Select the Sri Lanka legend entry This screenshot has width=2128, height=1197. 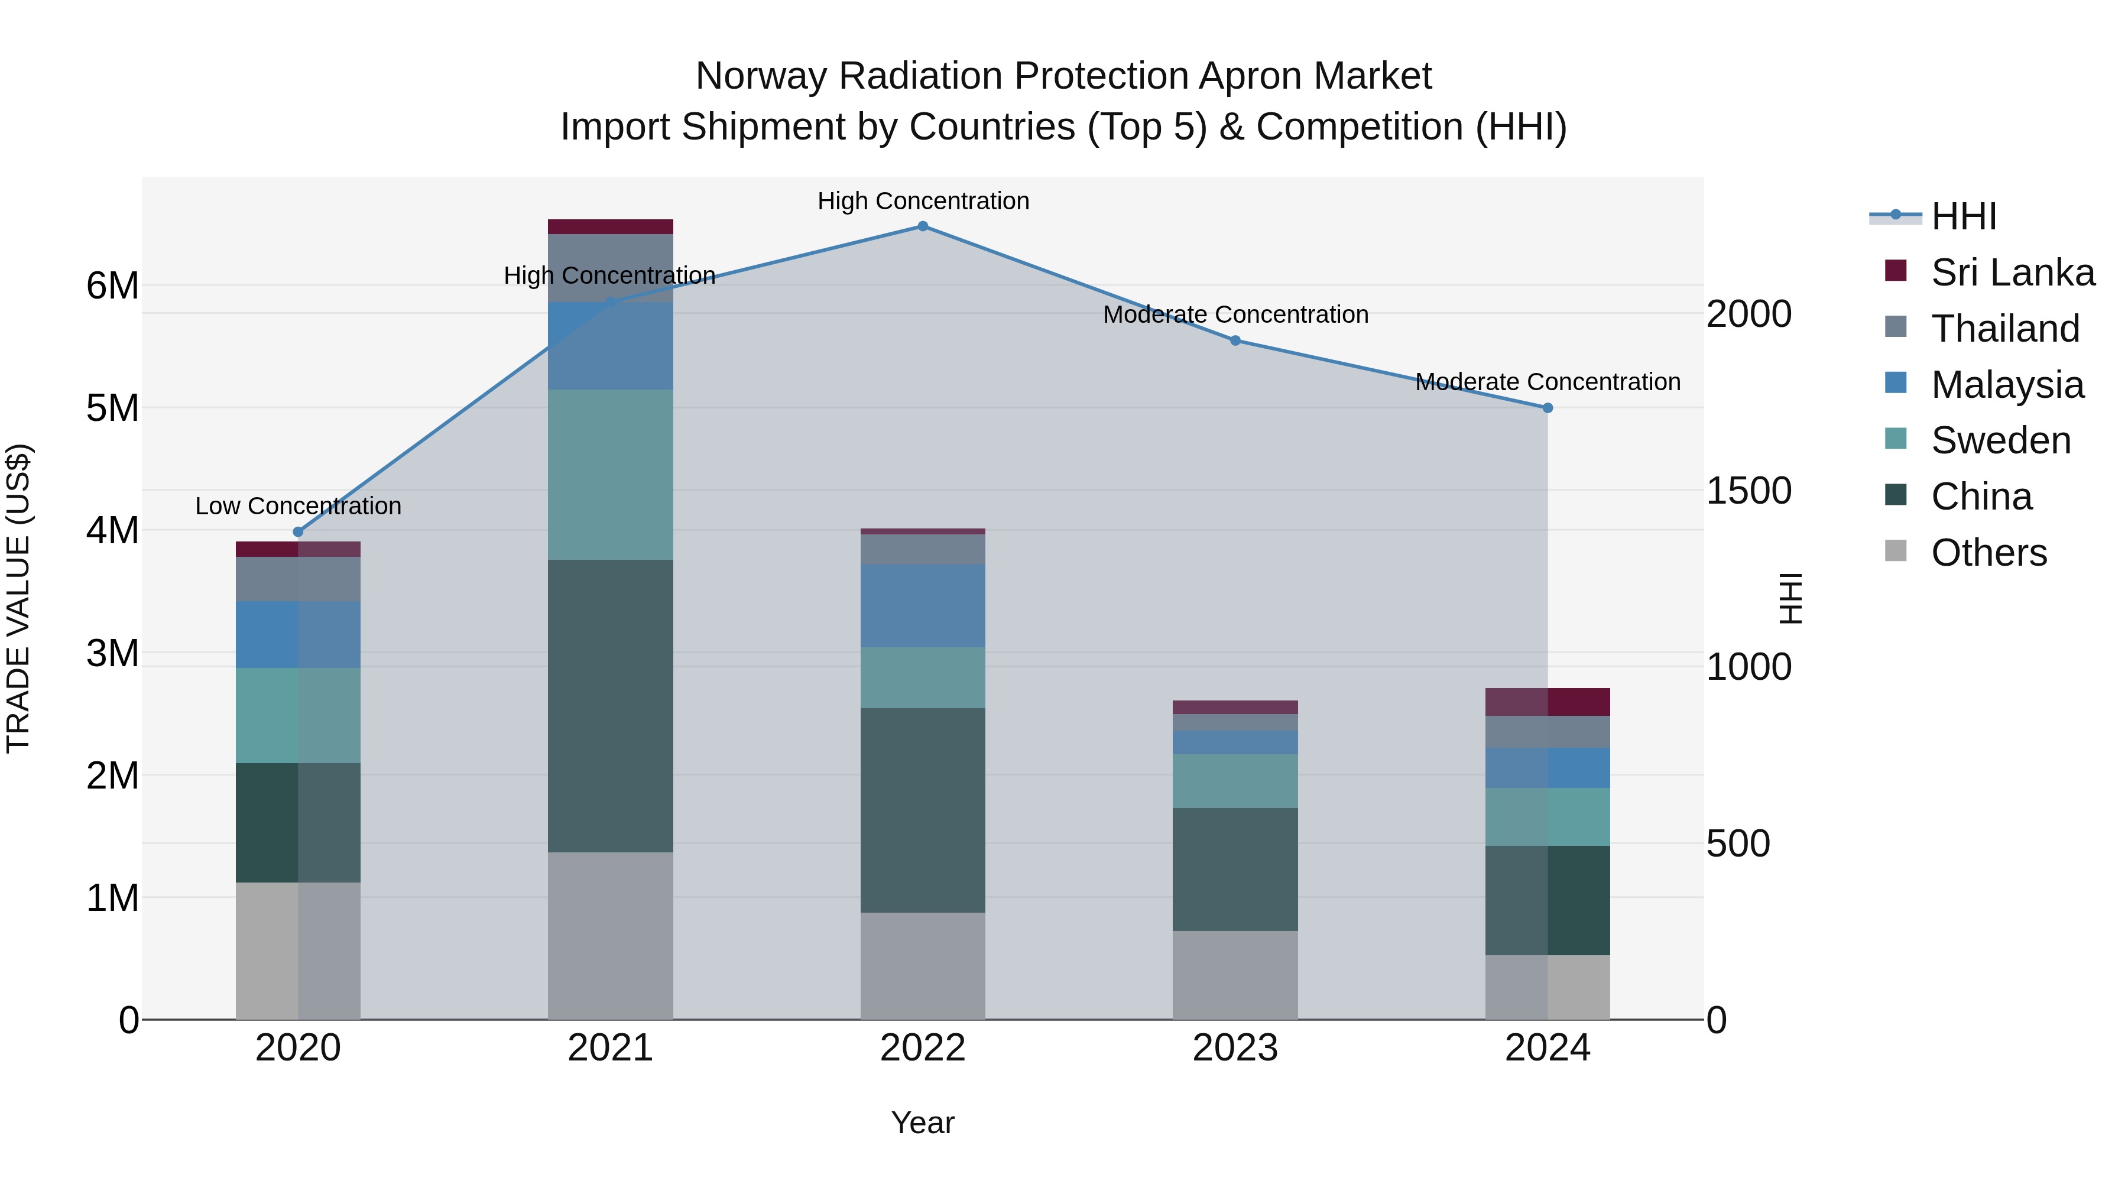pos(2012,273)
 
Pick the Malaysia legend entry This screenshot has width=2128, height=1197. pos(2007,385)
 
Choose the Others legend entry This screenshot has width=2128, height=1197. pos(1988,553)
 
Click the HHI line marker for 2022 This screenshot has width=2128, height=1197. pos(923,226)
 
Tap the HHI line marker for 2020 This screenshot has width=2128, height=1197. pos(299,532)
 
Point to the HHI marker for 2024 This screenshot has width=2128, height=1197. pos(1548,408)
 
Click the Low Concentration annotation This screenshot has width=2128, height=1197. pos(299,505)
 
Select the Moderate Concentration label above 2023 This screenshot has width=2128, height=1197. pos(1235,314)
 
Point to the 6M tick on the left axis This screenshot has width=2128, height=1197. pos(112,286)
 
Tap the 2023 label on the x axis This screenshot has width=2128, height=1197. pos(1235,1048)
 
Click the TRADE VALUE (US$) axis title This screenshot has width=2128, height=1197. pos(18,598)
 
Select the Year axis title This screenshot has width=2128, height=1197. pos(923,1123)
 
